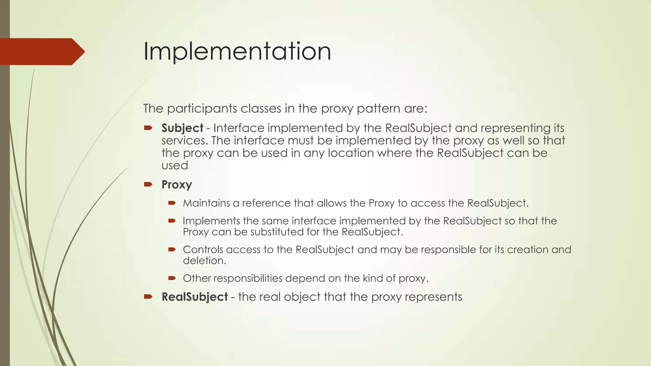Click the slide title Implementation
[237, 51]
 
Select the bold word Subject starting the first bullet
[182, 128]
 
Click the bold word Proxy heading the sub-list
[177, 185]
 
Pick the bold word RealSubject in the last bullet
[195, 297]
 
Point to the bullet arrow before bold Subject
[148, 128]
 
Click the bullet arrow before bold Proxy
[148, 184]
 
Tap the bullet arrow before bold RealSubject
[148, 297]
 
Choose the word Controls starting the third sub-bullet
[203, 249]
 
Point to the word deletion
[204, 261]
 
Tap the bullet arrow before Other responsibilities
[172, 278]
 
